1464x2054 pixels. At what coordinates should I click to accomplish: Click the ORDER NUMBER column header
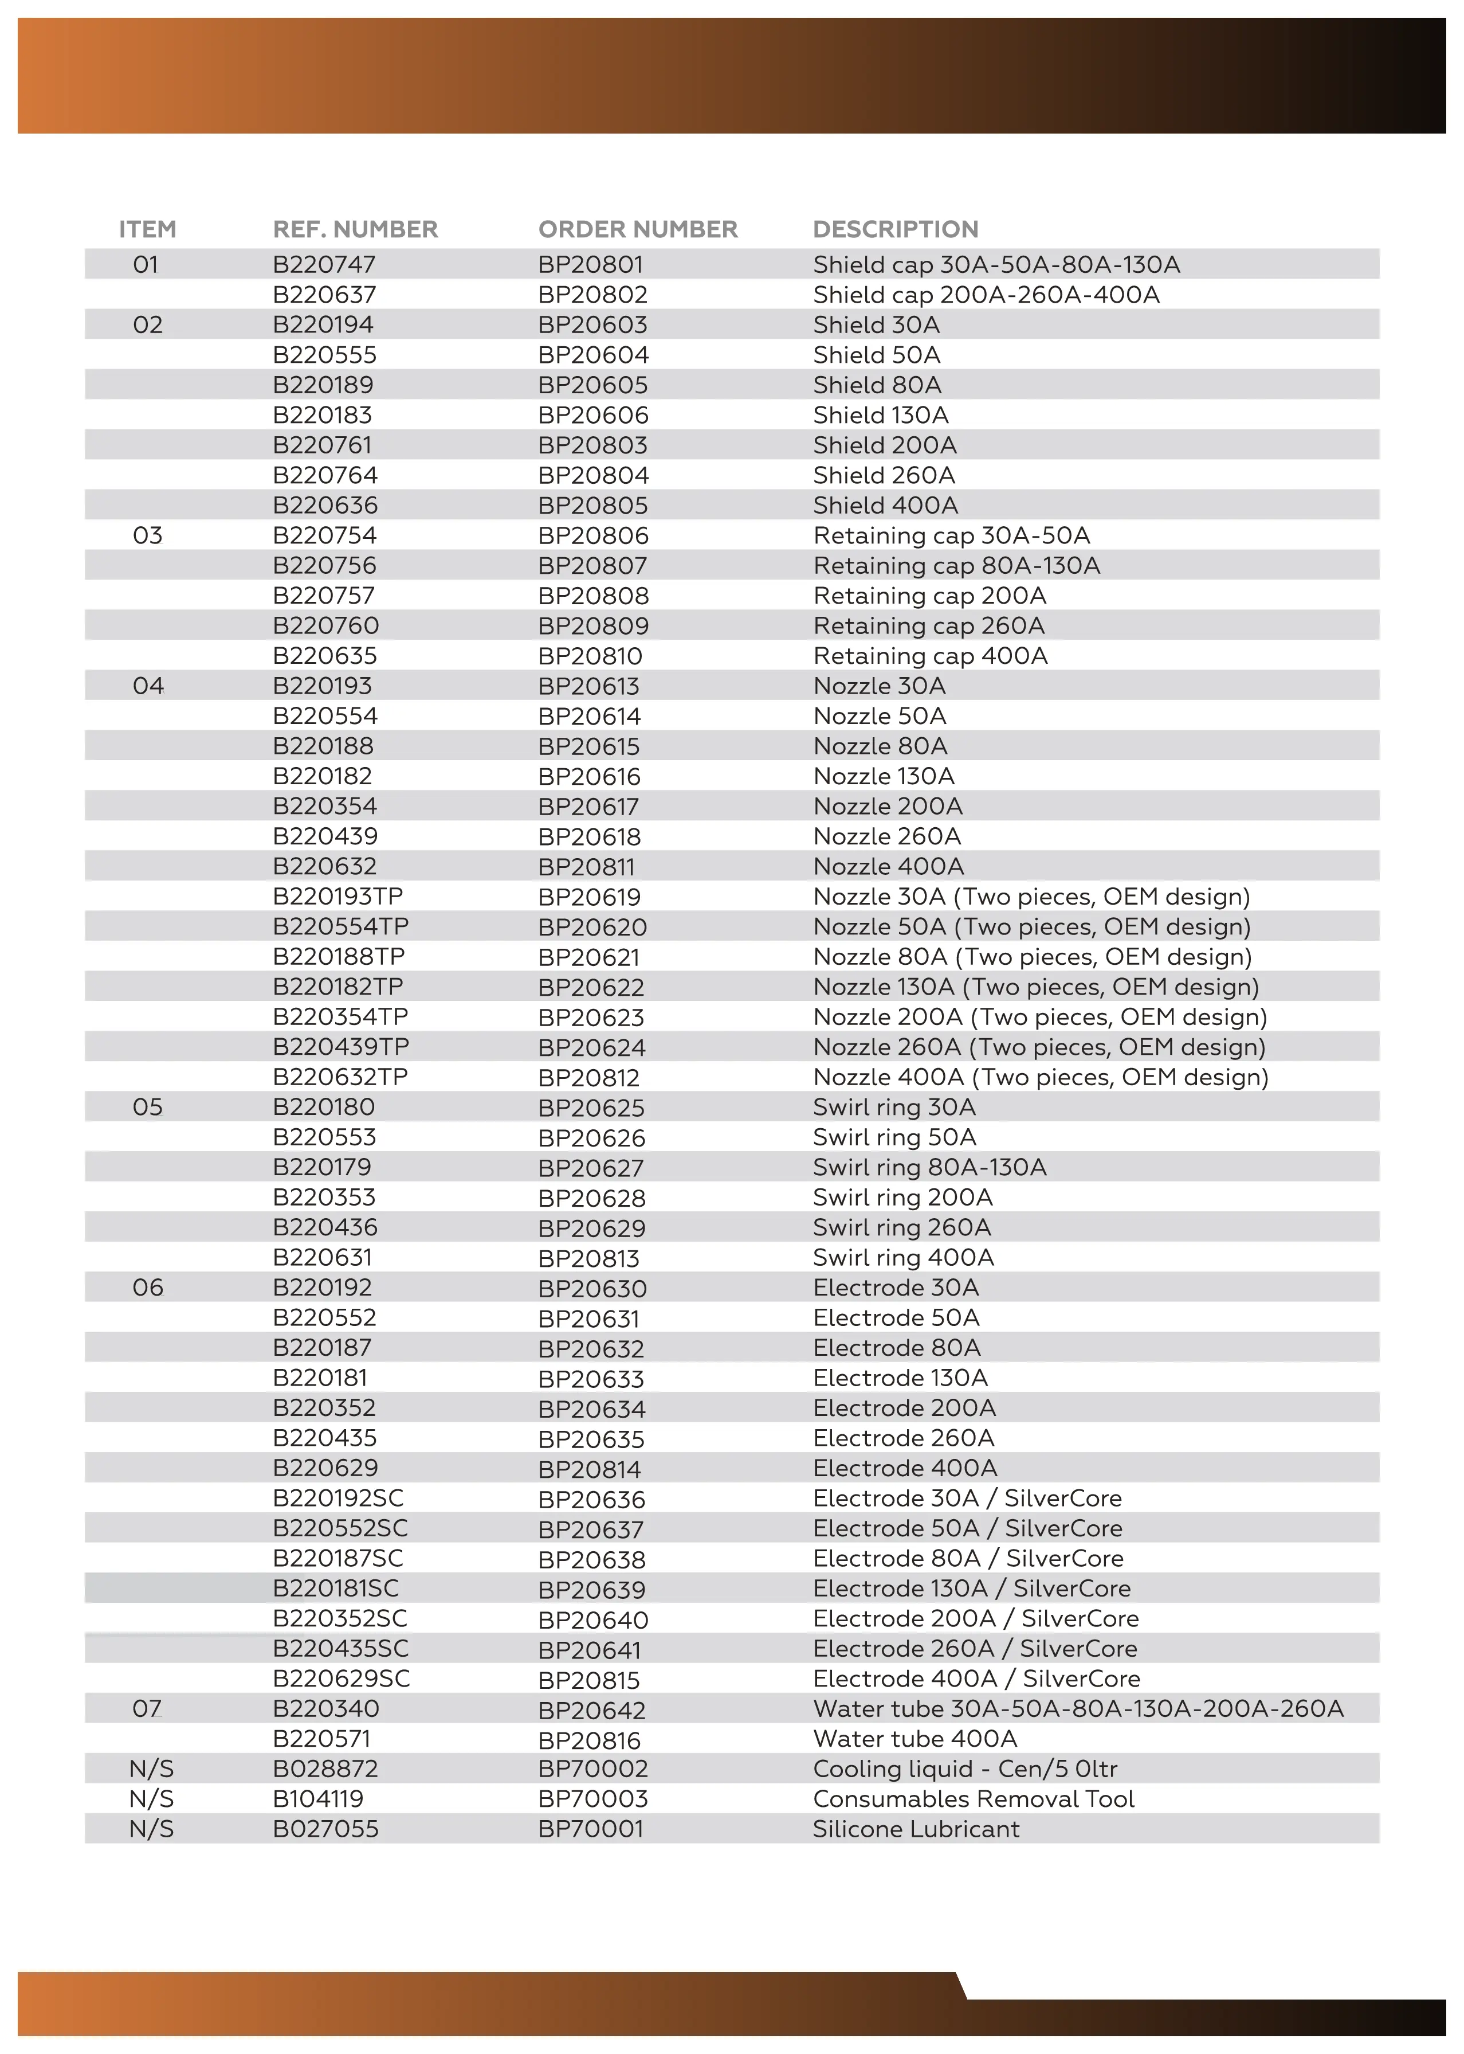[x=637, y=229]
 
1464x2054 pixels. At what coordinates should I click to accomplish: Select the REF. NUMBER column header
[x=355, y=229]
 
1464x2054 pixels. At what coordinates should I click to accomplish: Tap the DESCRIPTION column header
[x=895, y=229]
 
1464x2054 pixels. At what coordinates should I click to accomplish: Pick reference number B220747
[x=324, y=264]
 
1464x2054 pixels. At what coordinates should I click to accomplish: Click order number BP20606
[x=593, y=415]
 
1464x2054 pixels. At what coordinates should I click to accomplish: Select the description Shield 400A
[x=885, y=505]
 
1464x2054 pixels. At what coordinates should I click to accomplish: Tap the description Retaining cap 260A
[x=928, y=626]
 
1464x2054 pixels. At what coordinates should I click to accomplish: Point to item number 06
[x=148, y=1288]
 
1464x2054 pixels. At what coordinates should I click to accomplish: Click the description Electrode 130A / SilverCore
[x=971, y=1588]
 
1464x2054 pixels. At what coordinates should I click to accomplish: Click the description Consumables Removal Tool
[x=973, y=1799]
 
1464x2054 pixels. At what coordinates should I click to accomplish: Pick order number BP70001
[x=590, y=1829]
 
